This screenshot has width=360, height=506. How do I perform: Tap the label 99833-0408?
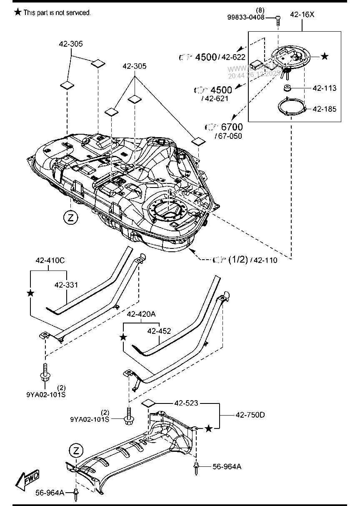pos(246,17)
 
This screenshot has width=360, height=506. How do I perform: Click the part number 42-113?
pos(324,88)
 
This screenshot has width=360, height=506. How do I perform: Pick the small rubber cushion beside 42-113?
pos(287,88)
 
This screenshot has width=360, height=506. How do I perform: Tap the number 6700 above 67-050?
pos(232,127)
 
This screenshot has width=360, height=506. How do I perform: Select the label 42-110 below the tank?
pos(265,260)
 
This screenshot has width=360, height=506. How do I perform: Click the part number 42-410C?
pos(50,261)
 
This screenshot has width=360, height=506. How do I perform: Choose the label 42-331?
pos(66,285)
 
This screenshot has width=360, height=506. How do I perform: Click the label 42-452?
pos(159,331)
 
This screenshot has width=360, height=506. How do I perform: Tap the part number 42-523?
pos(186,403)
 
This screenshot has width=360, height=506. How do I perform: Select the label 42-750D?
pos(250,415)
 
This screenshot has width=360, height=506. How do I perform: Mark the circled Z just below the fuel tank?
pos(71,217)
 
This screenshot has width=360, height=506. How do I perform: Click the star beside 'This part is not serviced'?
pos(17,13)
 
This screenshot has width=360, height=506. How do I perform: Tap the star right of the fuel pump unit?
pos(325,56)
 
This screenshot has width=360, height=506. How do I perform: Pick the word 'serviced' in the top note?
pos(78,13)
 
